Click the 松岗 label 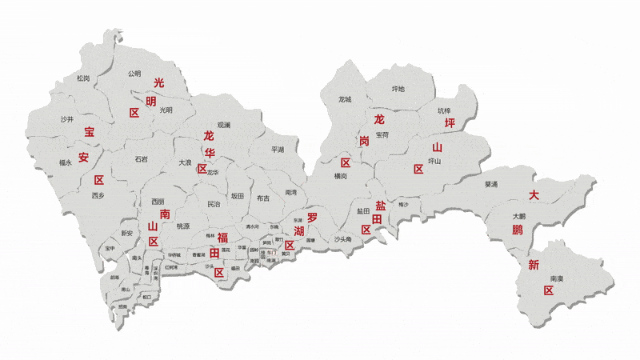83,78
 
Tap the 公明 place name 134,74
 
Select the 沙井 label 67,119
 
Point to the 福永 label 66,162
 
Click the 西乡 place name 98,195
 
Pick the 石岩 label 141,159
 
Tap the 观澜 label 223,125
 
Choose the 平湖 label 278,150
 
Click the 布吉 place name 263,198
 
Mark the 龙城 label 346,99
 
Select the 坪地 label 398,89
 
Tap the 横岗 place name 341,176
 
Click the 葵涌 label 491,185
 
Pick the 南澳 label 557,278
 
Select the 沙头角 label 342,239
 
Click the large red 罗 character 312,217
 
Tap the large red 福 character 223,237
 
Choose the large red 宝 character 89,133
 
